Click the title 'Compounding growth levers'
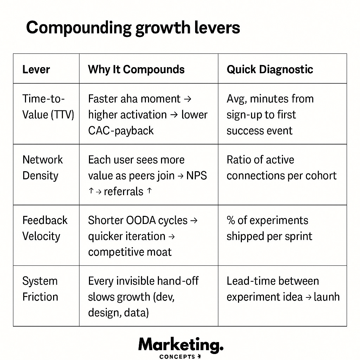point(133,27)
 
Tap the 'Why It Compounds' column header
point(136,69)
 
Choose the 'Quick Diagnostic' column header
point(270,69)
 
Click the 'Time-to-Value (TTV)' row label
point(48,107)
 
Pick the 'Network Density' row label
point(43,168)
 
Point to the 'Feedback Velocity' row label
point(45,228)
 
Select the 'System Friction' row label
point(40,289)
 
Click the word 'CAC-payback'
point(121,131)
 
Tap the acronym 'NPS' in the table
point(197,175)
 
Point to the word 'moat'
point(160,252)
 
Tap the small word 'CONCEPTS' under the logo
point(178,356)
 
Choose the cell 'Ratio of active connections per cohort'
point(281,168)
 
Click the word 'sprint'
point(298,236)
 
